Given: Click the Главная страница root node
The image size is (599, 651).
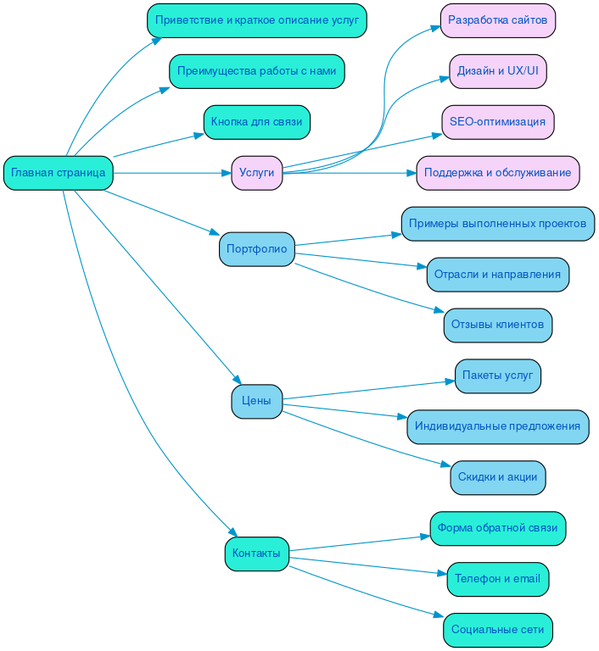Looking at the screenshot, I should pos(59,173).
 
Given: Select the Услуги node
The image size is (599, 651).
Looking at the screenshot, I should pos(256,173).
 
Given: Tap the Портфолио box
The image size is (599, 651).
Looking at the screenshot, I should pos(256,249).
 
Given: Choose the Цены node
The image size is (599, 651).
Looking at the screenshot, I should pos(256,401).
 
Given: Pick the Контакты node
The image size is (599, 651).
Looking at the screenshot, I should pos(256,554).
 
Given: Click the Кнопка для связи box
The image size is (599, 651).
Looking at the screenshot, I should pos(256,122).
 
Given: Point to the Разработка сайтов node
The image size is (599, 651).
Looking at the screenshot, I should pos(497,20).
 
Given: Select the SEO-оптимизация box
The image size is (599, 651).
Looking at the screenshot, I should pos(497,122).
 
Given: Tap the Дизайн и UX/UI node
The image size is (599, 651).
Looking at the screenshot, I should pos(497,71).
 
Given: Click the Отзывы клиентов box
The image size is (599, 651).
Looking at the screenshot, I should pos(497,325).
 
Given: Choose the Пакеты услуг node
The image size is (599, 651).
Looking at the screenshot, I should pos(497,376).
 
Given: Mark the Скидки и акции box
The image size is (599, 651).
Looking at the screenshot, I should pos(497,477).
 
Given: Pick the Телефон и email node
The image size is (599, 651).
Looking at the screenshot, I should pos(497,579).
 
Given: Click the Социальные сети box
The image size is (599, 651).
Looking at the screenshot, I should pos(497,630).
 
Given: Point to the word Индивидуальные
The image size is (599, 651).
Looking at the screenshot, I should pos(456,426).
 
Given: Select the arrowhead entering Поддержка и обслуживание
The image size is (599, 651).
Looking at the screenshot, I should pos(411,173).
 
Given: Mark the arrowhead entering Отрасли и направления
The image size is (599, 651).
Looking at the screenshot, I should pos(422,268).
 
